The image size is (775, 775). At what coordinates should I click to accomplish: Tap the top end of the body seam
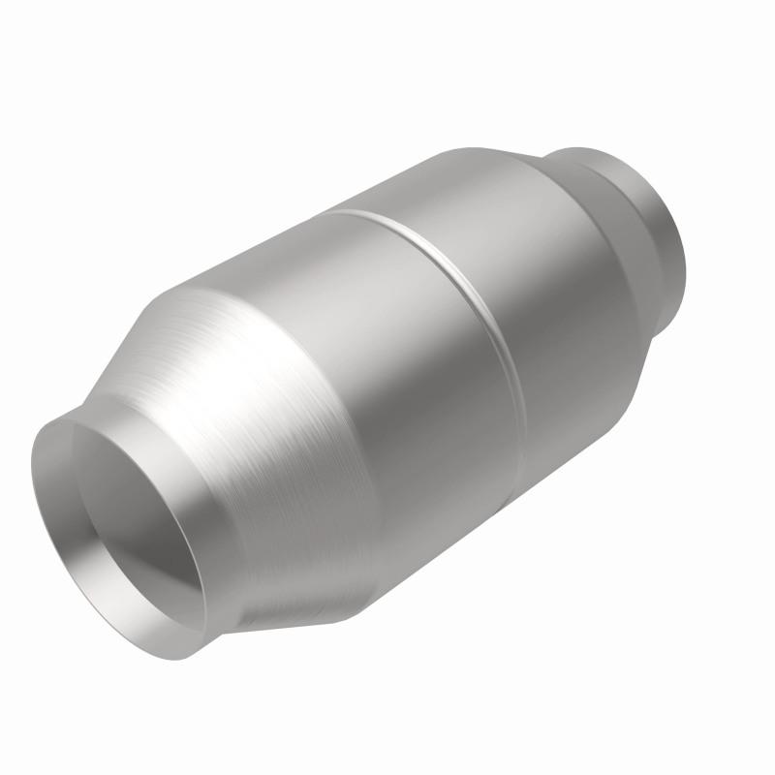(334, 210)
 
